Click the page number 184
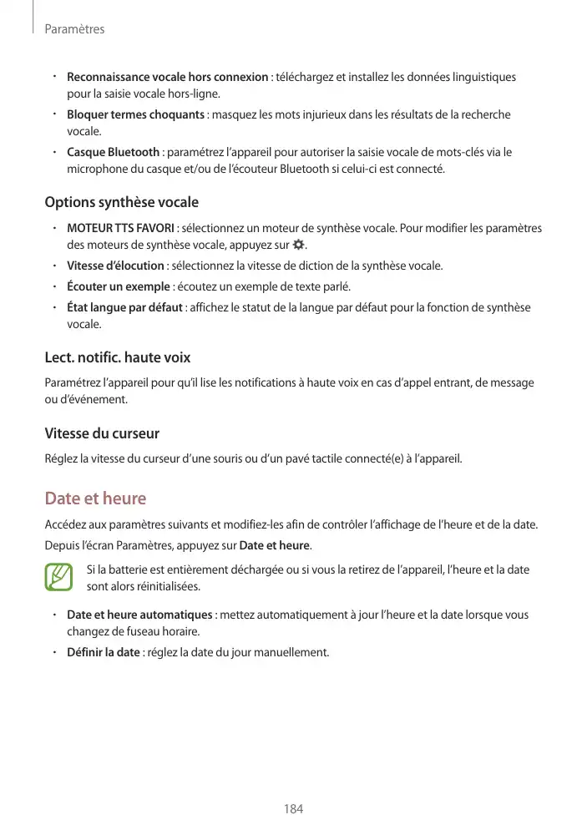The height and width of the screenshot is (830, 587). pos(293,808)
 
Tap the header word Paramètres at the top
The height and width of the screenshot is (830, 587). pos(74,29)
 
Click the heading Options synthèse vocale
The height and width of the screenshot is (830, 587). pos(121,202)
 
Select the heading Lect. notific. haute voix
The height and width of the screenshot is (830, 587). pos(117,357)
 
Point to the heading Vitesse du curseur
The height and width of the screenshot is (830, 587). pos(101,433)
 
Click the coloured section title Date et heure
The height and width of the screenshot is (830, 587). pos(95,499)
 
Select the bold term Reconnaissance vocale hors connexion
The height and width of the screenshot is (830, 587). pos(167,77)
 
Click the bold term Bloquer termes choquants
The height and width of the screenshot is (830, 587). pos(135,114)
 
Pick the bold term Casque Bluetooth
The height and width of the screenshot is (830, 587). pos(113,152)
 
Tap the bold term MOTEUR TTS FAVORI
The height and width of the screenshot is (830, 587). pos(120,228)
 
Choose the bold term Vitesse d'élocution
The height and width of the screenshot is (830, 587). pos(115,266)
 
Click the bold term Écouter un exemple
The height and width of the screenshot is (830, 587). pos(118,287)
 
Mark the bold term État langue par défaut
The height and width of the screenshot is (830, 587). pos(124,308)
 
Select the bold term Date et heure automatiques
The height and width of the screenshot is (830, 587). pos(139,615)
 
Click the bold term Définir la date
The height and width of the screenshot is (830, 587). pos(103,652)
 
